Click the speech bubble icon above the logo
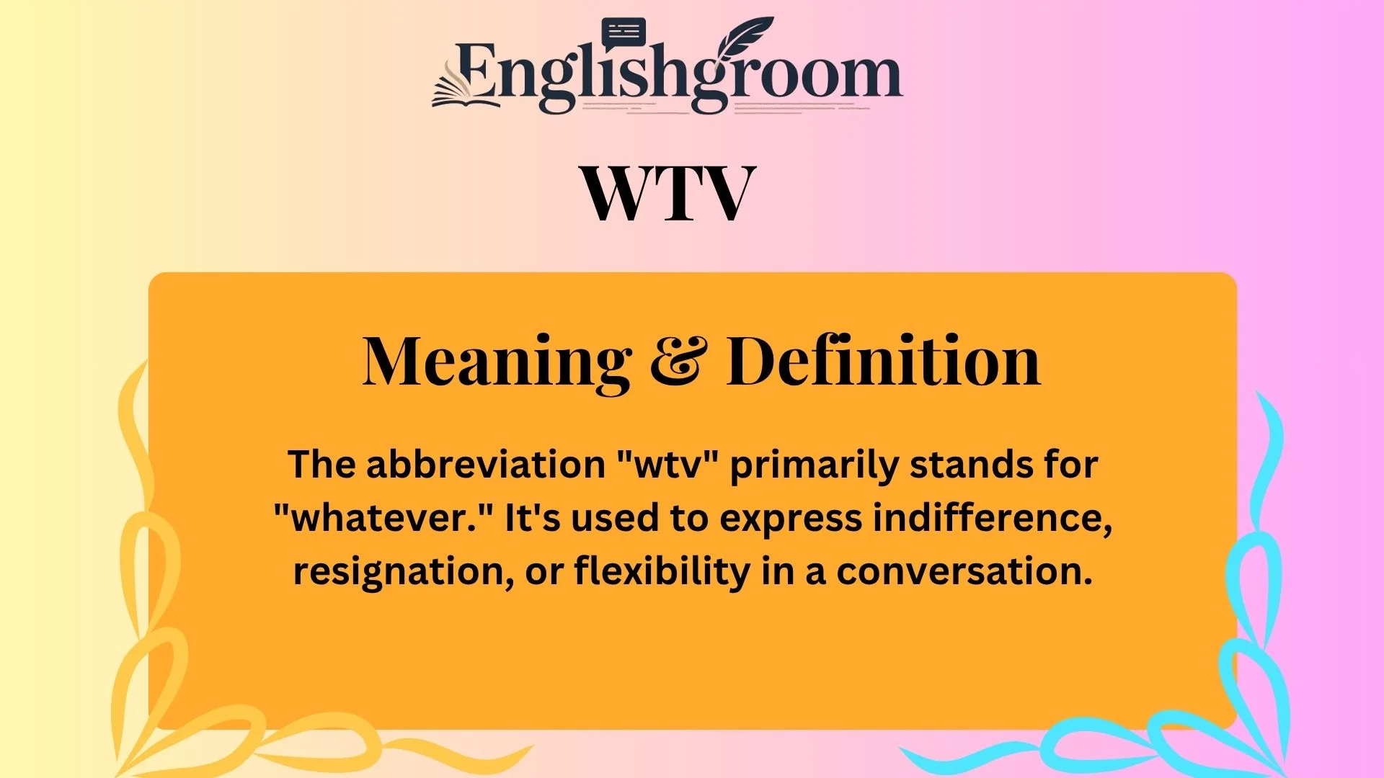[623, 33]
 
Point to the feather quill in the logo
[742, 40]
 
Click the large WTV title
[667, 193]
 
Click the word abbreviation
[485, 465]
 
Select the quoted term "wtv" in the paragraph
[669, 465]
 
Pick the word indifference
[993, 518]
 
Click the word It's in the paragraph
[532, 518]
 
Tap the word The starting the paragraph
[321, 465]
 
